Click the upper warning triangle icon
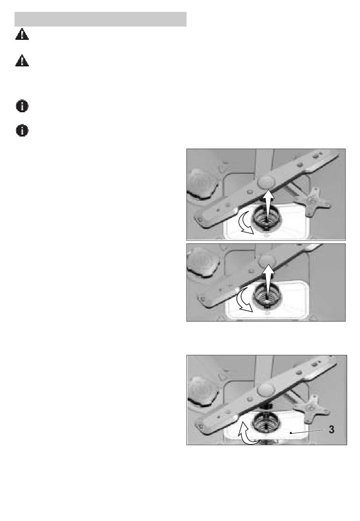click(22, 34)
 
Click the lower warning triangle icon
click(22, 61)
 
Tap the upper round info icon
click(22, 106)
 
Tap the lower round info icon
click(22, 130)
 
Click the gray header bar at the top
click(100, 19)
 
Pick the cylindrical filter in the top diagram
click(267, 218)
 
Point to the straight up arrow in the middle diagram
click(268, 284)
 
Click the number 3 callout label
click(332, 430)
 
